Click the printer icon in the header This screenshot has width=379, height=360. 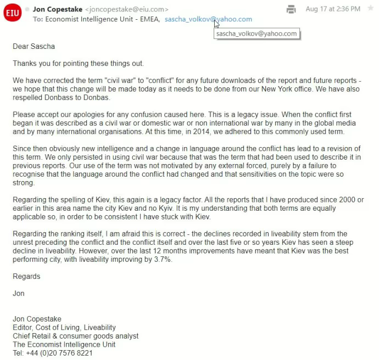click(292, 9)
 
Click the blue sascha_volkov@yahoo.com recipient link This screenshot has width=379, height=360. click(208, 19)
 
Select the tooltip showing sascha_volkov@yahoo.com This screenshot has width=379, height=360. click(257, 33)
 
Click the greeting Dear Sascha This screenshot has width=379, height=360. click(34, 47)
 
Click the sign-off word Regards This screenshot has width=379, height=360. click(26, 277)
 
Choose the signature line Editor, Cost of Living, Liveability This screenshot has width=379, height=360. click(64, 328)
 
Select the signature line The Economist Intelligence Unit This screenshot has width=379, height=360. click(64, 345)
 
